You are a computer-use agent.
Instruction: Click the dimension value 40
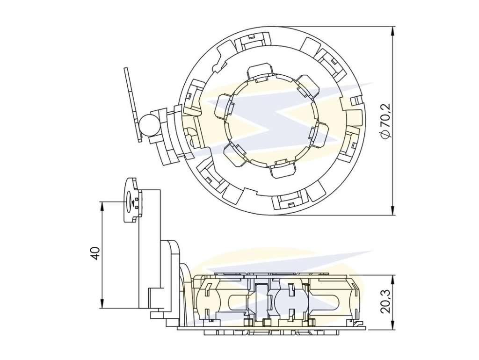tap(95, 253)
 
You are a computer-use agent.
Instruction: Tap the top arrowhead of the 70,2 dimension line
tap(392, 30)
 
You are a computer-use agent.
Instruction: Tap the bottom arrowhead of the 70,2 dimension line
tap(392, 211)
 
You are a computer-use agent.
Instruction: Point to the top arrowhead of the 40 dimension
tap(102, 206)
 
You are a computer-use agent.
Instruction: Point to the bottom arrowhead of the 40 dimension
tap(102, 303)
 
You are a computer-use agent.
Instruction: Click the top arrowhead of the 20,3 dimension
tap(392, 279)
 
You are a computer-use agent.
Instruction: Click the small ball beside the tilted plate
tap(149, 124)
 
